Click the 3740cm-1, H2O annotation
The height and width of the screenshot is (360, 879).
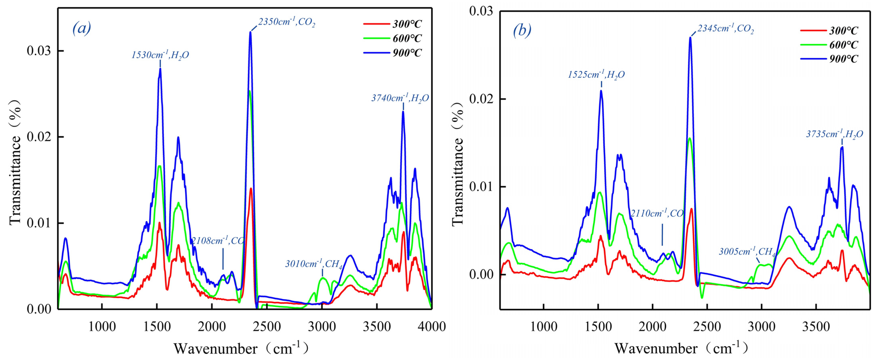point(400,98)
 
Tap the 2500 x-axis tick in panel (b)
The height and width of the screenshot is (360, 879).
point(707,327)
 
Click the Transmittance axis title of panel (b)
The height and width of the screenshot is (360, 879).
point(458,164)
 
